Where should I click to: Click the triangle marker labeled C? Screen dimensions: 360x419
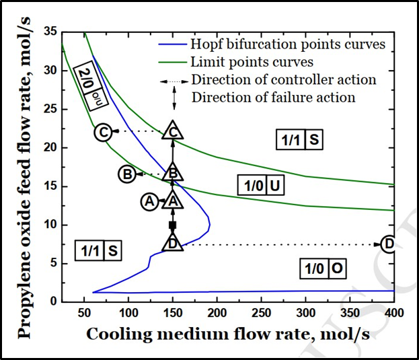click(x=173, y=132)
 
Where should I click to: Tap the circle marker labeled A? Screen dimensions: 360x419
click(x=149, y=201)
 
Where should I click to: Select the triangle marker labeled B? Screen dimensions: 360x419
click(x=173, y=174)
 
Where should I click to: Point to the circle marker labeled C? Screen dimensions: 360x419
click(x=103, y=132)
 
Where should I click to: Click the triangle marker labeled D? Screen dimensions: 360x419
click(x=173, y=244)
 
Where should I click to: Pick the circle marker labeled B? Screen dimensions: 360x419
click(x=127, y=174)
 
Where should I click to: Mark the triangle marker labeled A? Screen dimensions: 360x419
click(x=173, y=201)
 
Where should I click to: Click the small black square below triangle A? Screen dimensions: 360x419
click(x=173, y=225)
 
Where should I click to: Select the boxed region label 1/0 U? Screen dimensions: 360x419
click(x=261, y=185)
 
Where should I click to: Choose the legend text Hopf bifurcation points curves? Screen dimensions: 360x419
click(x=288, y=44)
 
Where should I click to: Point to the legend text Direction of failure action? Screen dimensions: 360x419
click(x=273, y=97)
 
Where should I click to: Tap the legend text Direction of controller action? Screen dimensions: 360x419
click(x=283, y=79)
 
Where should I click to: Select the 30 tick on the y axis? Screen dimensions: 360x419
click(x=50, y=71)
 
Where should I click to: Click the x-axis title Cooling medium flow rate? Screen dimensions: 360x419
click(x=229, y=334)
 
